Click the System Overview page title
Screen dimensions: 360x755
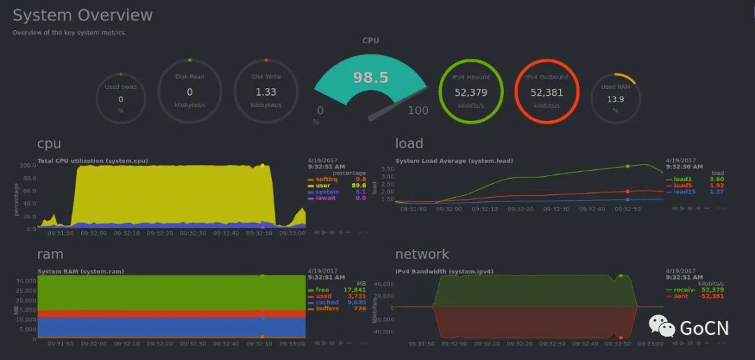tap(82, 15)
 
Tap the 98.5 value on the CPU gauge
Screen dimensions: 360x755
tap(371, 77)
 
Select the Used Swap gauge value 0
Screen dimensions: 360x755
tap(121, 99)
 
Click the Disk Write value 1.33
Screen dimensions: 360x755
tap(266, 92)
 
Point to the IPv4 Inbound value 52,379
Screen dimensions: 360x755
tap(470, 92)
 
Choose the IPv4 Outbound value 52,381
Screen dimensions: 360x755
tap(547, 92)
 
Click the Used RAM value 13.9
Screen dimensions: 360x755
tap(615, 99)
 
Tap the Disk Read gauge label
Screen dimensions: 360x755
tap(189, 77)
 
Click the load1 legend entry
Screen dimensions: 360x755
tap(682, 179)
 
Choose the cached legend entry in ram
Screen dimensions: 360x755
tap(326, 302)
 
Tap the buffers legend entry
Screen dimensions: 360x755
tap(326, 308)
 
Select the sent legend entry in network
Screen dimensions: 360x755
tap(680, 296)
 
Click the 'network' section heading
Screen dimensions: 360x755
tap(422, 254)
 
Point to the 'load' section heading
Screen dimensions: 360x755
tap(409, 143)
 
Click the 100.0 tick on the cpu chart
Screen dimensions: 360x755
tap(28, 166)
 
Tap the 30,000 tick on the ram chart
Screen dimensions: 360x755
tap(25, 281)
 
